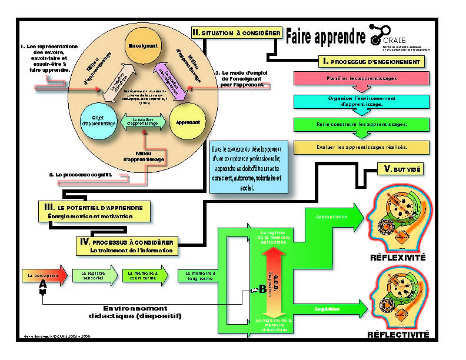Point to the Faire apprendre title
(x=325, y=38)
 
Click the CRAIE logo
(x=387, y=35)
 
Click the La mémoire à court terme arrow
(x=144, y=274)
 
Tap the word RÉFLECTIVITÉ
(x=398, y=335)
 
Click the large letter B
(x=262, y=289)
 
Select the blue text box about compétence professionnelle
(x=249, y=166)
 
